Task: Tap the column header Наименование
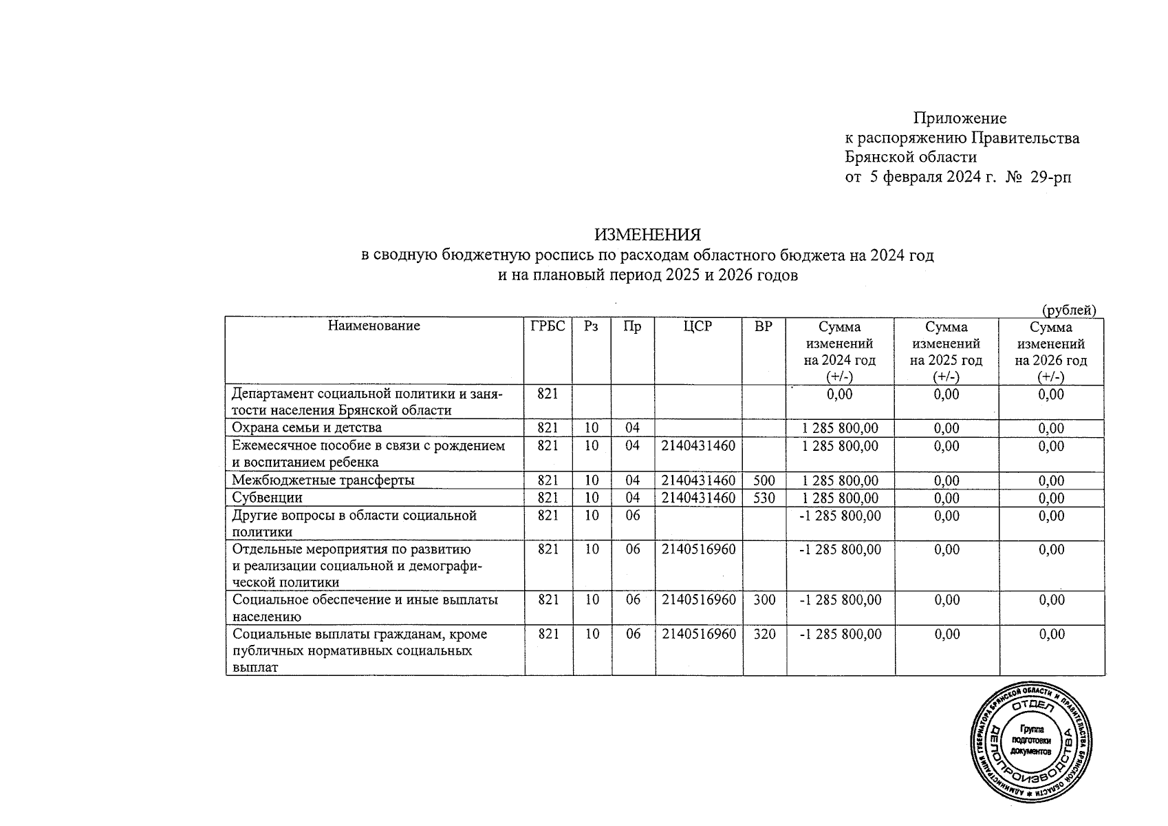click(374, 326)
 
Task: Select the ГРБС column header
click(548, 326)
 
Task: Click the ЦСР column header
click(698, 326)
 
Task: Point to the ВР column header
click(764, 326)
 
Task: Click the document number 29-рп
click(1051, 178)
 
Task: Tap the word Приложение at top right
click(960, 118)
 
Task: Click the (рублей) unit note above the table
click(1068, 310)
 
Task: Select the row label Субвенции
click(267, 498)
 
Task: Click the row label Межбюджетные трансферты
click(323, 480)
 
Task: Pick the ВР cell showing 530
click(764, 498)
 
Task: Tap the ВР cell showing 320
click(764, 634)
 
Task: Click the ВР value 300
click(764, 600)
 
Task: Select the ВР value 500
click(764, 480)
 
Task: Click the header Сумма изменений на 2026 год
click(1050, 351)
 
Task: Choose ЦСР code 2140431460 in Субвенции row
click(698, 498)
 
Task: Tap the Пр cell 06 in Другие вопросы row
click(632, 516)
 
